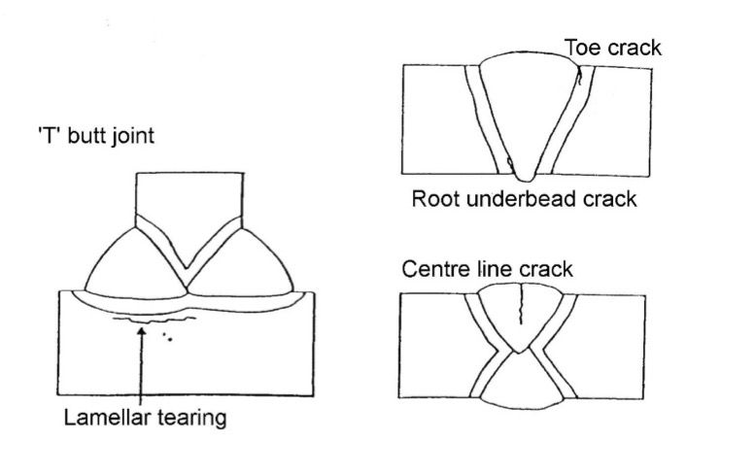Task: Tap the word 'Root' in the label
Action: click(x=433, y=200)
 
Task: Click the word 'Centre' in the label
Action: click(x=431, y=269)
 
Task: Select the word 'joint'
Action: click(x=132, y=137)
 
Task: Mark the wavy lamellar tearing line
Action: click(x=155, y=317)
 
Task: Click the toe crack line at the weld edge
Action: click(x=580, y=82)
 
